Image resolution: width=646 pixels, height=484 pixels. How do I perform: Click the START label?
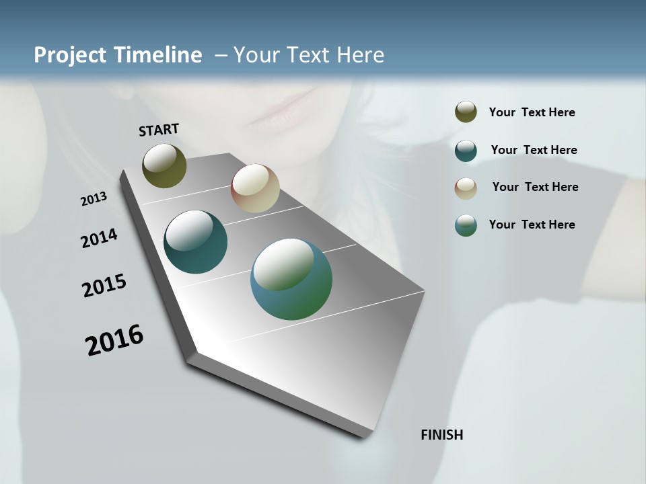click(x=159, y=129)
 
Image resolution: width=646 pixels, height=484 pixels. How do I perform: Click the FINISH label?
click(x=441, y=435)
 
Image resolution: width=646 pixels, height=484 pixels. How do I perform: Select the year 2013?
click(x=94, y=199)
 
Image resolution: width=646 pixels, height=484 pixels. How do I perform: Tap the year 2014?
click(x=99, y=239)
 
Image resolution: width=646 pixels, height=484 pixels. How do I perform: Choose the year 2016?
click(x=114, y=340)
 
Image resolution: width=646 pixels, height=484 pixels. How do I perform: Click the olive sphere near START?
click(x=164, y=165)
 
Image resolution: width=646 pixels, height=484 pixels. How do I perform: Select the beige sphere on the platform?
click(x=255, y=188)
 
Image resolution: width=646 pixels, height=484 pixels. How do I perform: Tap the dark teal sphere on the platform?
click(x=195, y=242)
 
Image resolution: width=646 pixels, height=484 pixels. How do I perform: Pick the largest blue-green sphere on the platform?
click(x=291, y=279)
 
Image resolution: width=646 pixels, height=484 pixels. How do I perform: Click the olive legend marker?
click(x=466, y=112)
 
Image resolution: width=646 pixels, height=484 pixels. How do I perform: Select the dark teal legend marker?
click(x=466, y=151)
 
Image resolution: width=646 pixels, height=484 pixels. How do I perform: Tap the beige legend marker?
click(x=466, y=188)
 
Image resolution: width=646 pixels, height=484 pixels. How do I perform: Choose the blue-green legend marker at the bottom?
click(x=466, y=225)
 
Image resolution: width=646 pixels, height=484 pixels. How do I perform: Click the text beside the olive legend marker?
click(x=532, y=113)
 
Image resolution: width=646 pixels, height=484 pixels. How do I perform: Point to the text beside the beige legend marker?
click(x=535, y=187)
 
